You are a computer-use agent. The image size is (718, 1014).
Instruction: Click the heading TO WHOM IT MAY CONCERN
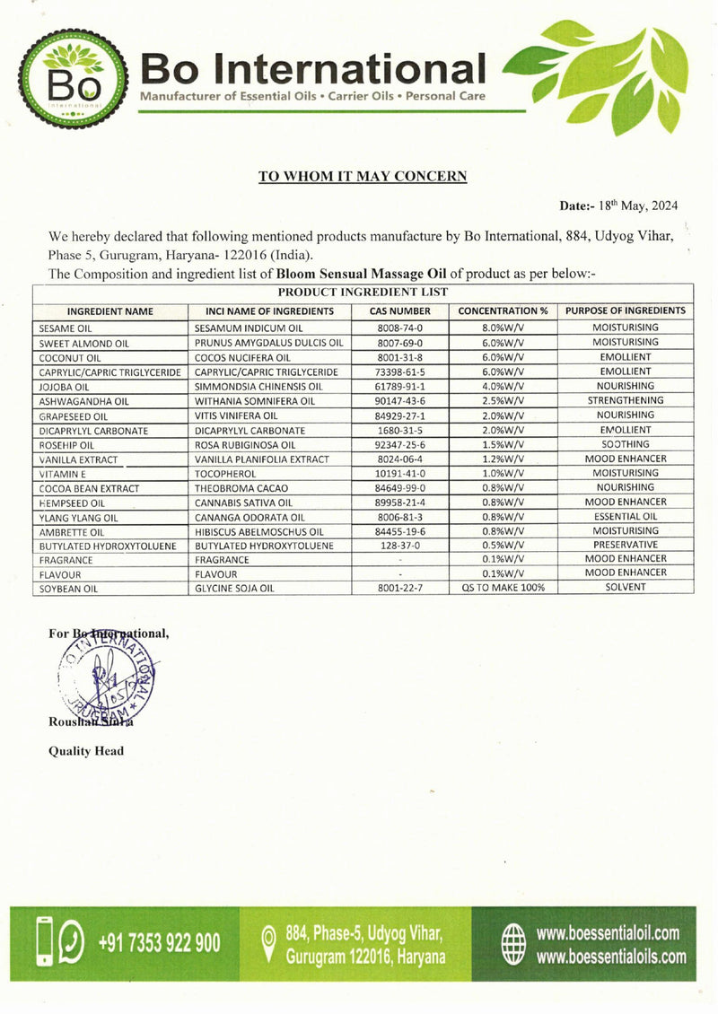click(x=363, y=176)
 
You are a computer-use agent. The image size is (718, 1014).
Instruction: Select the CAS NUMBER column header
click(x=400, y=311)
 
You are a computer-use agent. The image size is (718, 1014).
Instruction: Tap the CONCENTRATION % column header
click(x=503, y=311)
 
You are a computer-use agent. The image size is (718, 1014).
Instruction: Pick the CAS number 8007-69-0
click(x=400, y=343)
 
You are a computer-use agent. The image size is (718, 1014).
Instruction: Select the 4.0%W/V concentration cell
click(x=503, y=386)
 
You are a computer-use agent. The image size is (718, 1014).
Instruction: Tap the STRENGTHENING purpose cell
click(x=626, y=400)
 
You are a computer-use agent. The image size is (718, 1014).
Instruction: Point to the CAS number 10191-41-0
click(x=400, y=473)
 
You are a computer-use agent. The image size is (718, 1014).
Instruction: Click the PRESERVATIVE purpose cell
click(x=626, y=545)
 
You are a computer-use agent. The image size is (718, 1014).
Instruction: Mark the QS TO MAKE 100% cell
click(x=503, y=588)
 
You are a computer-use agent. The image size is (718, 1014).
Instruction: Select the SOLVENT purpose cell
click(x=626, y=588)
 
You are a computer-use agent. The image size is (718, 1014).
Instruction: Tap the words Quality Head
click(x=86, y=751)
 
